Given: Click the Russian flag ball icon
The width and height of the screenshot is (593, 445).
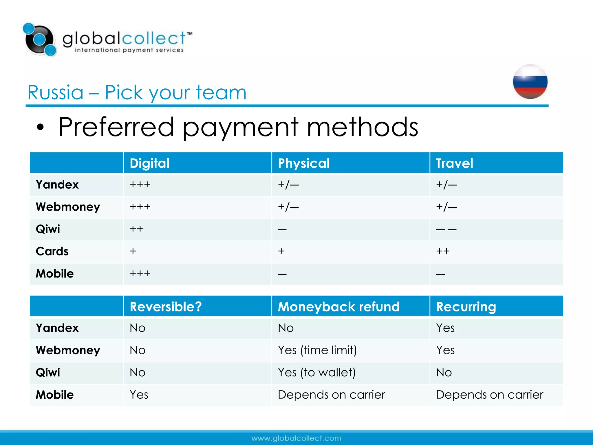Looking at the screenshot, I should pos(530,82).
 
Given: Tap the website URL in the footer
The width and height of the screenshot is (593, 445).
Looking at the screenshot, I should pos(296,438).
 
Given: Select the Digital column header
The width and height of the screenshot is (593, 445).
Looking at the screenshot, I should pos(149,163).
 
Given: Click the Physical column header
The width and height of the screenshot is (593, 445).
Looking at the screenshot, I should pos(303,163).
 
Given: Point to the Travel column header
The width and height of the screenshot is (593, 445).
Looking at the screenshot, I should pos(454,163).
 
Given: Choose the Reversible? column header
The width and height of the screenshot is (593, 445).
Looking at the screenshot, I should pos(166,307).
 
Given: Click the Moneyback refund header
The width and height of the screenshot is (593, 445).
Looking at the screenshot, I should pos(338,307).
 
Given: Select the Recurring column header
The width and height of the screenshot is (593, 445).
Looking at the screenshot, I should pos(466,307).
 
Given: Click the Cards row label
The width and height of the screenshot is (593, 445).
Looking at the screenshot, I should pos(52,251).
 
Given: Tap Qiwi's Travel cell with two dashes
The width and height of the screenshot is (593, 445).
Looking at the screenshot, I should pos(446,229).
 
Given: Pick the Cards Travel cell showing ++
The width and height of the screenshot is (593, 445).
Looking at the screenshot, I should pos(443,251).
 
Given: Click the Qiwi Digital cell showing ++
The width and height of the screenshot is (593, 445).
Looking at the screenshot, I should pos(136,229).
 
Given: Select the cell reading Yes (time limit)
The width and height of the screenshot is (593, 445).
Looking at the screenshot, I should pos(317,350).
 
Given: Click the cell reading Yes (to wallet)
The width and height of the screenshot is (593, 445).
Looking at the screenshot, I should pos(316,372).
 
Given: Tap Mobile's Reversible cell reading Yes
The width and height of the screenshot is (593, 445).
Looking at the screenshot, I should pos(139,395).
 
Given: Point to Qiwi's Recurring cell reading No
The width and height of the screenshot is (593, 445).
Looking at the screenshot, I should pos(444,372).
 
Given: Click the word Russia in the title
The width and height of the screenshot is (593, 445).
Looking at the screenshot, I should pos(55,93).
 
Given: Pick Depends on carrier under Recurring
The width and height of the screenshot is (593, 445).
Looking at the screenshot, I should pos(489,395).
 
